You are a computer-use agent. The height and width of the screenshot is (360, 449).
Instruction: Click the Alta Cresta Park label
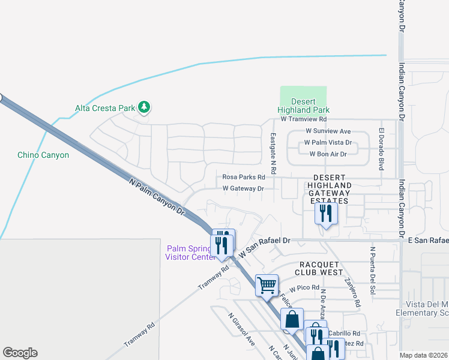click(x=104, y=108)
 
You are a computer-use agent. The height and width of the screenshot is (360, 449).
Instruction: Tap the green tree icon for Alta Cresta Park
click(x=143, y=107)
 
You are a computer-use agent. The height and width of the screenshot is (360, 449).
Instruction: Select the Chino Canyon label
click(x=43, y=155)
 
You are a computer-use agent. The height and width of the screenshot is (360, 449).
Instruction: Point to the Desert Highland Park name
click(x=303, y=106)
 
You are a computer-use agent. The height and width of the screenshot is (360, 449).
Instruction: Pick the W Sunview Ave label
click(x=328, y=131)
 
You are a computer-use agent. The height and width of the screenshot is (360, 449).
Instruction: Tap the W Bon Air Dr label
click(x=328, y=154)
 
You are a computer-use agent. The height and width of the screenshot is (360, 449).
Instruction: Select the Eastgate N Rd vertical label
click(x=273, y=154)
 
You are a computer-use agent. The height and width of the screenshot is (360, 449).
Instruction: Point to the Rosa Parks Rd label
click(x=244, y=177)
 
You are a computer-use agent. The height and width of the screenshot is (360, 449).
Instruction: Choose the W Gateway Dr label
click(x=243, y=188)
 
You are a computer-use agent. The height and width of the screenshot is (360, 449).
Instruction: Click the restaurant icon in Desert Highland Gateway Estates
click(x=326, y=213)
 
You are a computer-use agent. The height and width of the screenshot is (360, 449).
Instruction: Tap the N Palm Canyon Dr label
click(x=157, y=196)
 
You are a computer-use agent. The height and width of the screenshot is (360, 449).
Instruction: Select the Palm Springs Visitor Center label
click(x=191, y=253)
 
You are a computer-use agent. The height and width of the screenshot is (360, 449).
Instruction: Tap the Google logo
click(x=20, y=353)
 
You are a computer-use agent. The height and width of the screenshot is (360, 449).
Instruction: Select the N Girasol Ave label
click(x=241, y=329)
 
